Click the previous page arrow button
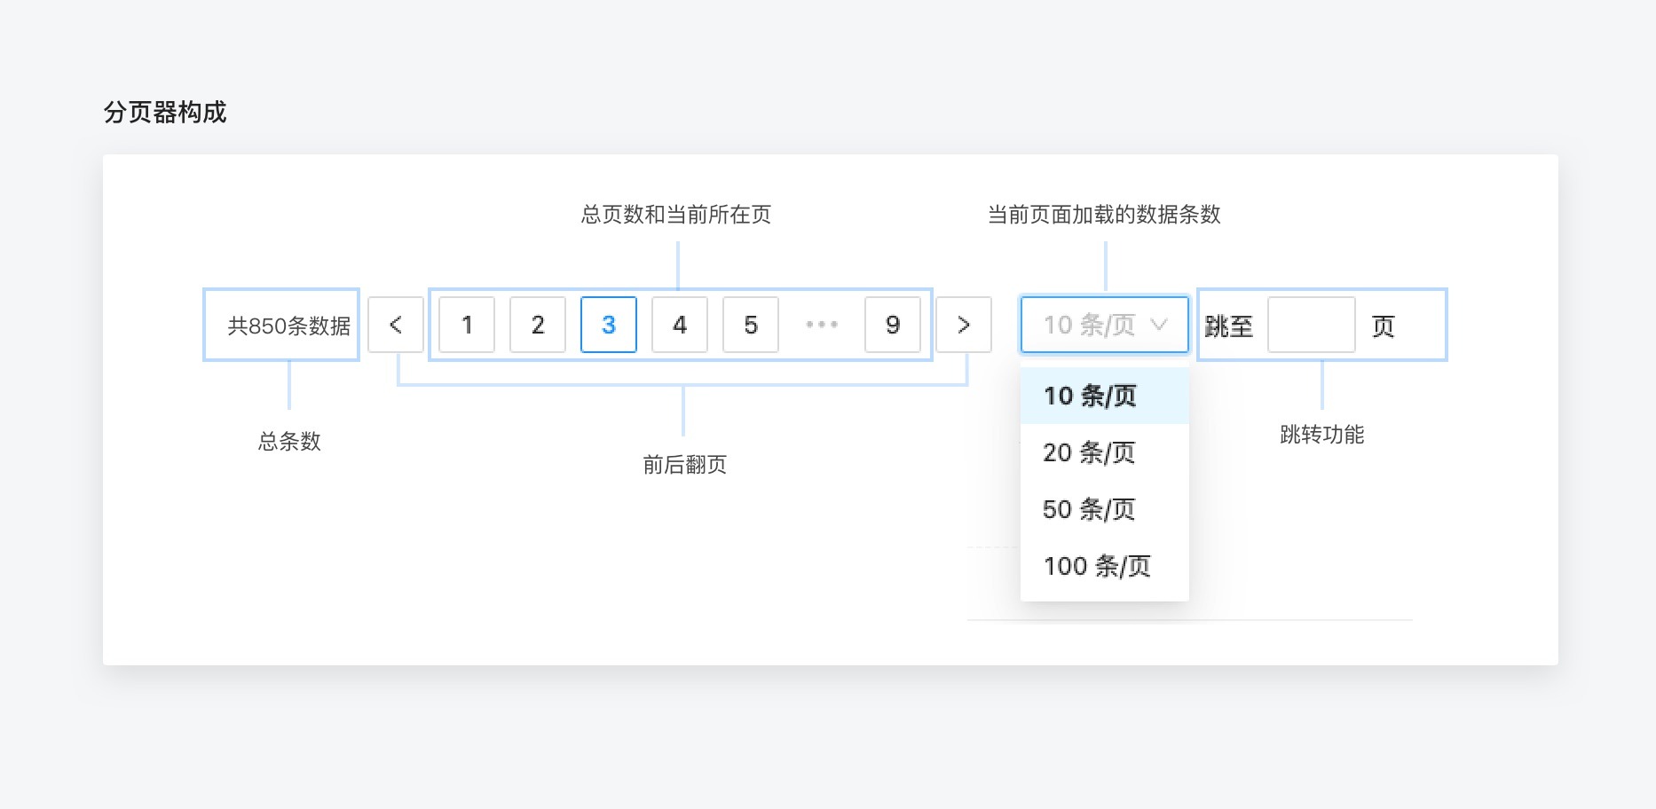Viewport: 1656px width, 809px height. coord(396,325)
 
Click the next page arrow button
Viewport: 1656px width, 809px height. coord(964,325)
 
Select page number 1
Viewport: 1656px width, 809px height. coord(467,325)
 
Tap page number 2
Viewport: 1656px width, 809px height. coord(538,325)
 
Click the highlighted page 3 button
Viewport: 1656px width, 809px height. coord(609,325)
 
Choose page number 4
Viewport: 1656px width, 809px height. coord(680,325)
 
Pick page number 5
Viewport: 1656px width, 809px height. coord(751,325)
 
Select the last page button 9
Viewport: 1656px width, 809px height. coord(893,325)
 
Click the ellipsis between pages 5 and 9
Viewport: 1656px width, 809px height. coord(822,325)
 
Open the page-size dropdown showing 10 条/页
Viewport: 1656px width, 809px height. coord(1105,325)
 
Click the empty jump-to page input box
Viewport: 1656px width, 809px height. coord(1312,325)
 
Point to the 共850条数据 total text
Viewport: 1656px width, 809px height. coord(289,326)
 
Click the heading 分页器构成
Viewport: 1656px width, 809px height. coord(165,113)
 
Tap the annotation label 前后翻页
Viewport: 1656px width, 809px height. coord(685,465)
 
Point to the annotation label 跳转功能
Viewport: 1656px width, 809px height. coord(1322,435)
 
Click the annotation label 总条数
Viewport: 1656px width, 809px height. coord(289,442)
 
